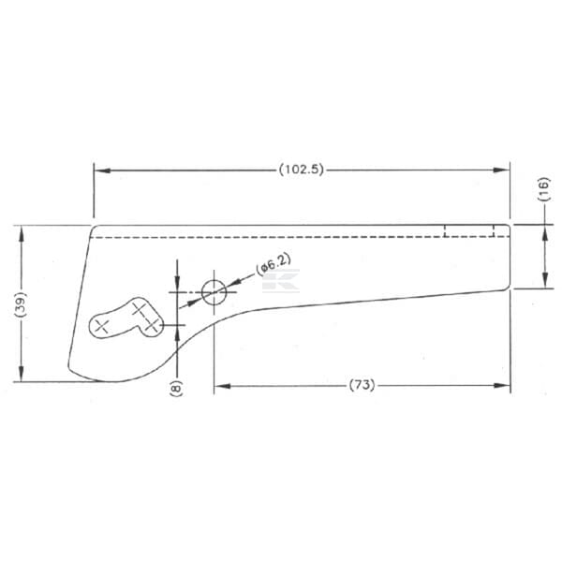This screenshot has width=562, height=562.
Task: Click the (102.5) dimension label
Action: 301,170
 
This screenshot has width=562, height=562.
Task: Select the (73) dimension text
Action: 362,385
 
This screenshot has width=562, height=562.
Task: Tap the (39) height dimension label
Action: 21,303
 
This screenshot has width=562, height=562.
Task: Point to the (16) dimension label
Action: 544,189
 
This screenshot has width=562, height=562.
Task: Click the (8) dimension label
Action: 176,388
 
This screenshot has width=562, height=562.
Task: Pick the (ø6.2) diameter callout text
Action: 274,264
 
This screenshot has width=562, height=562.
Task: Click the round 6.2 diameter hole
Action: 214,292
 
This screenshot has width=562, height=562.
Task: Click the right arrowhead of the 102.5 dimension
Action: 501,170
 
